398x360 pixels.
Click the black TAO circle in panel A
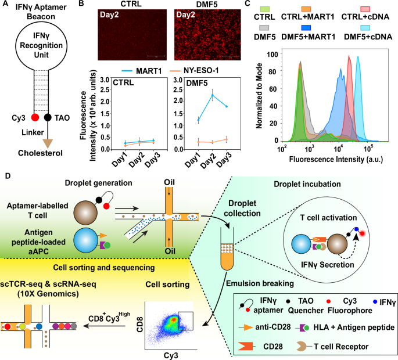57,117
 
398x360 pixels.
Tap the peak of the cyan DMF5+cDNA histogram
358,57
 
